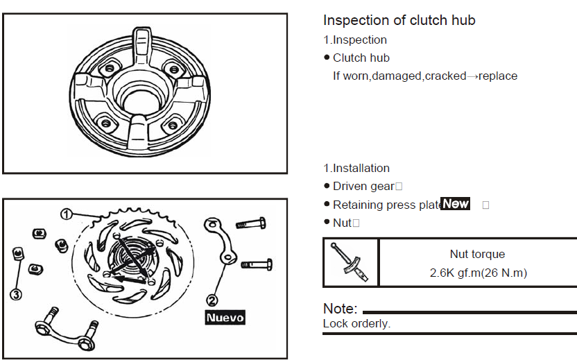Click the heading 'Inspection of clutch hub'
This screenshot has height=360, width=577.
(399, 20)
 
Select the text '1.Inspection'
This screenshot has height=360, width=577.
(355, 40)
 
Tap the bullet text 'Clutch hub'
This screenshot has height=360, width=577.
(361, 58)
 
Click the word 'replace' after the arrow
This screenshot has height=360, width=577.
(498, 76)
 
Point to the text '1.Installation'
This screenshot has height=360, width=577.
(356, 169)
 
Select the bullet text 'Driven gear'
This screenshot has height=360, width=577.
(363, 187)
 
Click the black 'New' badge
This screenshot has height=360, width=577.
(456, 204)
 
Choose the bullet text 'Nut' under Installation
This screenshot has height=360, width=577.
(342, 223)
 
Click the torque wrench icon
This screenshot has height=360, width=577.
(351, 262)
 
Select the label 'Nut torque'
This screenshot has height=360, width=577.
(477, 255)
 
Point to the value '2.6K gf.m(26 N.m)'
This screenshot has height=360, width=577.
(478, 273)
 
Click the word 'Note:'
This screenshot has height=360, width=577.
(341, 309)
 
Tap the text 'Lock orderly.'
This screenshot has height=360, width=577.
(356, 324)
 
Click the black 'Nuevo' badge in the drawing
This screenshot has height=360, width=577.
(225, 317)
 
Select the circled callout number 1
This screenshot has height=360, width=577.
(66, 214)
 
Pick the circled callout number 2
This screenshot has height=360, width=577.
(213, 300)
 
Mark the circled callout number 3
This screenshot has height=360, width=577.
(16, 293)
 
